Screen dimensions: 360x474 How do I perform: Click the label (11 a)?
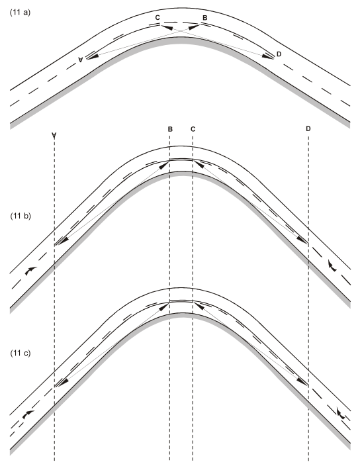point(21,13)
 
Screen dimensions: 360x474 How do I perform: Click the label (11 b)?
point(21,216)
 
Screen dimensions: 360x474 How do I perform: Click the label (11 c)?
point(21,353)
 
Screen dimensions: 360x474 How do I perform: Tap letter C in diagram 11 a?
point(157,18)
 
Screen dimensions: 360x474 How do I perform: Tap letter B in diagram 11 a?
point(205,18)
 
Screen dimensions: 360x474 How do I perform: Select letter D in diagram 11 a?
point(279,54)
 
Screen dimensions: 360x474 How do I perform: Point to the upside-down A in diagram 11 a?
point(80,60)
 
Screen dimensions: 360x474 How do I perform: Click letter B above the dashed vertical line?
point(170,129)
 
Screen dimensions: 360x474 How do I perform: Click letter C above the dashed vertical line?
point(193,129)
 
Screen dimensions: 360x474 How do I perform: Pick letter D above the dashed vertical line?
point(308,129)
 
